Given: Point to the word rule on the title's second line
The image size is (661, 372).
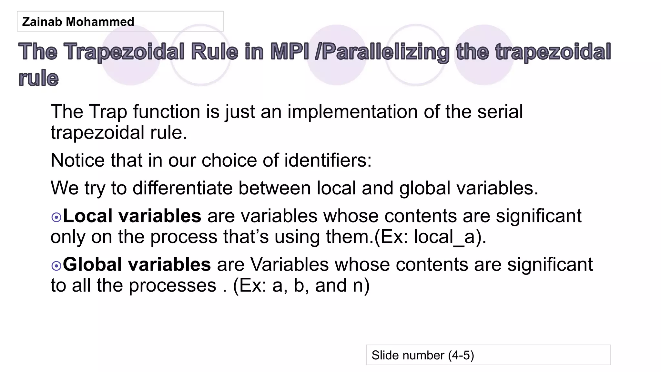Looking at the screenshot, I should tap(39, 78).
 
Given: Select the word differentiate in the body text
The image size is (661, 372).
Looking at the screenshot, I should tap(182, 188).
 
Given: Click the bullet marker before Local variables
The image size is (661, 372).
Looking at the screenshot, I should tap(56, 217).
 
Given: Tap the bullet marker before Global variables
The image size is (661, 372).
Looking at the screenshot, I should tap(56, 266).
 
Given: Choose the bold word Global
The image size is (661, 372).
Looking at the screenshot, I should tap(92, 264).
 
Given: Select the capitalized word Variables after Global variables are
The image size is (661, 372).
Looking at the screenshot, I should tap(289, 264).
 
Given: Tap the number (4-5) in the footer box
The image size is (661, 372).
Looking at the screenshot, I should tap(461, 355).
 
